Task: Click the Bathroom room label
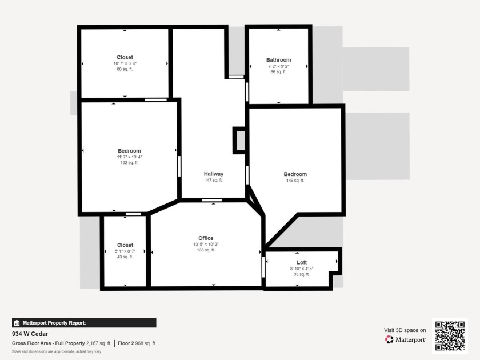pos(279,60)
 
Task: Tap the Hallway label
pos(214,174)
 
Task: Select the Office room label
pos(206,238)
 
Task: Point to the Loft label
pos(302,262)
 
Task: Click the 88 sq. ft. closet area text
pos(125,69)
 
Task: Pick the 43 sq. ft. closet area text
pos(125,257)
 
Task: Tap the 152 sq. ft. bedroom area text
pos(129,162)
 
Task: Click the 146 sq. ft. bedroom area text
pos(295,181)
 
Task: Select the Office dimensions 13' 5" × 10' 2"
pos(206,245)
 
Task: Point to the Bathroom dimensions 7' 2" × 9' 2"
pos(279,66)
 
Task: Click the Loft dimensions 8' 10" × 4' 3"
pos(302,269)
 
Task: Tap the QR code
pos(450,336)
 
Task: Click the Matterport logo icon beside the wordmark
pos(389,339)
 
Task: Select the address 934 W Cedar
pos(30,334)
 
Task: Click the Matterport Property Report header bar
pos(84,323)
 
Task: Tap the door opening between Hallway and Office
pos(212,200)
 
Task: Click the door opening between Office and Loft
pos(263,267)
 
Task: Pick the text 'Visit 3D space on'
pos(405,330)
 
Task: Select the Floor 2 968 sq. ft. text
pos(137,343)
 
